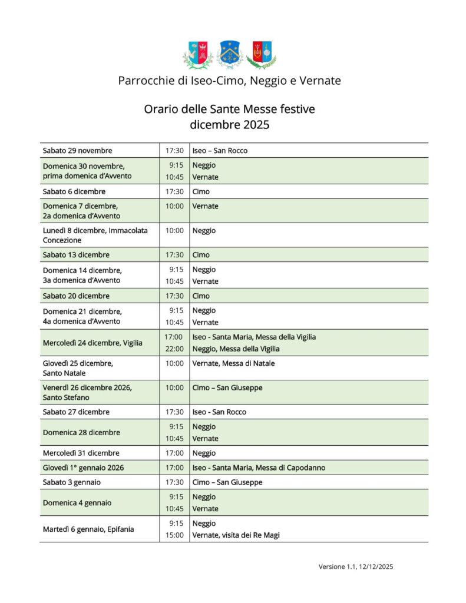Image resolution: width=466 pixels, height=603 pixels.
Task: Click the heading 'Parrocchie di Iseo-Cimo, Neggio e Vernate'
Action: [x=229, y=81]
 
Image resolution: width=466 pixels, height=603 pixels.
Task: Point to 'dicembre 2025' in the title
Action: [x=229, y=124]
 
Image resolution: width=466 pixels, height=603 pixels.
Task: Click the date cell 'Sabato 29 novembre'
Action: [x=77, y=151]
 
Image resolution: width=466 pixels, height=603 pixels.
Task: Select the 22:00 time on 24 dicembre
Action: [x=174, y=349]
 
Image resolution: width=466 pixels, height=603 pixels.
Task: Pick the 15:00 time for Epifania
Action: [x=174, y=535]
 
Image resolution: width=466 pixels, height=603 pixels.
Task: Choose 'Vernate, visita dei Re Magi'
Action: [x=236, y=535]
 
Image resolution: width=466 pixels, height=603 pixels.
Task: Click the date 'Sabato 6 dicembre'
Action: [x=75, y=191]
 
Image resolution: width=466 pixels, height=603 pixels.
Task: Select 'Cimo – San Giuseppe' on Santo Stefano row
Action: [x=227, y=388]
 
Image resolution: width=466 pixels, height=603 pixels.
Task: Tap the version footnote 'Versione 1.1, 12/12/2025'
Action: [x=356, y=566]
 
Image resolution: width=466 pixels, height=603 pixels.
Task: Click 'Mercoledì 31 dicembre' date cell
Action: [x=81, y=453]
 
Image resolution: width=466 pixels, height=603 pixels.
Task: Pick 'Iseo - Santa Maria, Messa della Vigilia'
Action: [x=254, y=337]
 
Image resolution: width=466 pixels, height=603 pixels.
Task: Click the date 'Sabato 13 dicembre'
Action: [x=76, y=255]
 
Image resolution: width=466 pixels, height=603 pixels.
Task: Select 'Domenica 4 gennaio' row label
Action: [x=77, y=503]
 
